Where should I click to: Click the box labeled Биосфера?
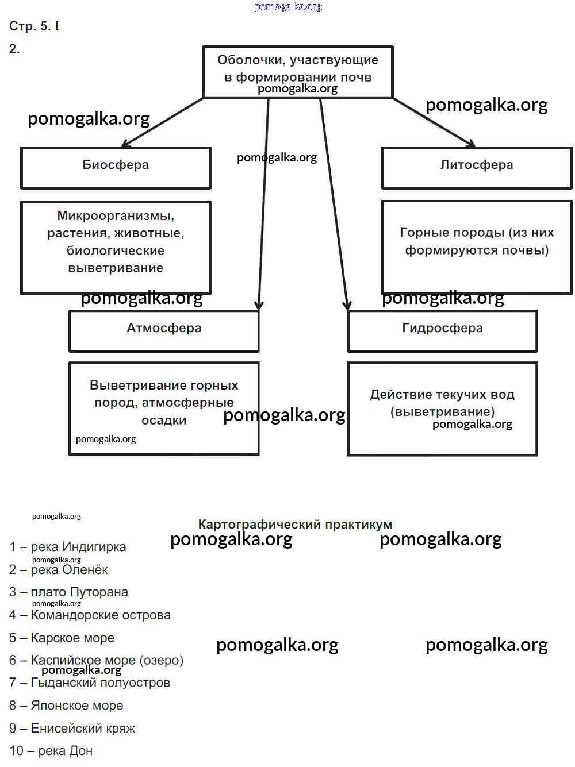[116, 167]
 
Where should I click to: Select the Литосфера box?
[477, 167]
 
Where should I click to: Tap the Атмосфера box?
[164, 330]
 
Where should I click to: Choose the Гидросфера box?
[442, 330]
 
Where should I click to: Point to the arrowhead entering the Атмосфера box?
[259, 306]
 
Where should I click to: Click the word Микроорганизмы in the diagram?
[116, 216]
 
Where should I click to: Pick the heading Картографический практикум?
[295, 524]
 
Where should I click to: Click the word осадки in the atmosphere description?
[164, 421]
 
